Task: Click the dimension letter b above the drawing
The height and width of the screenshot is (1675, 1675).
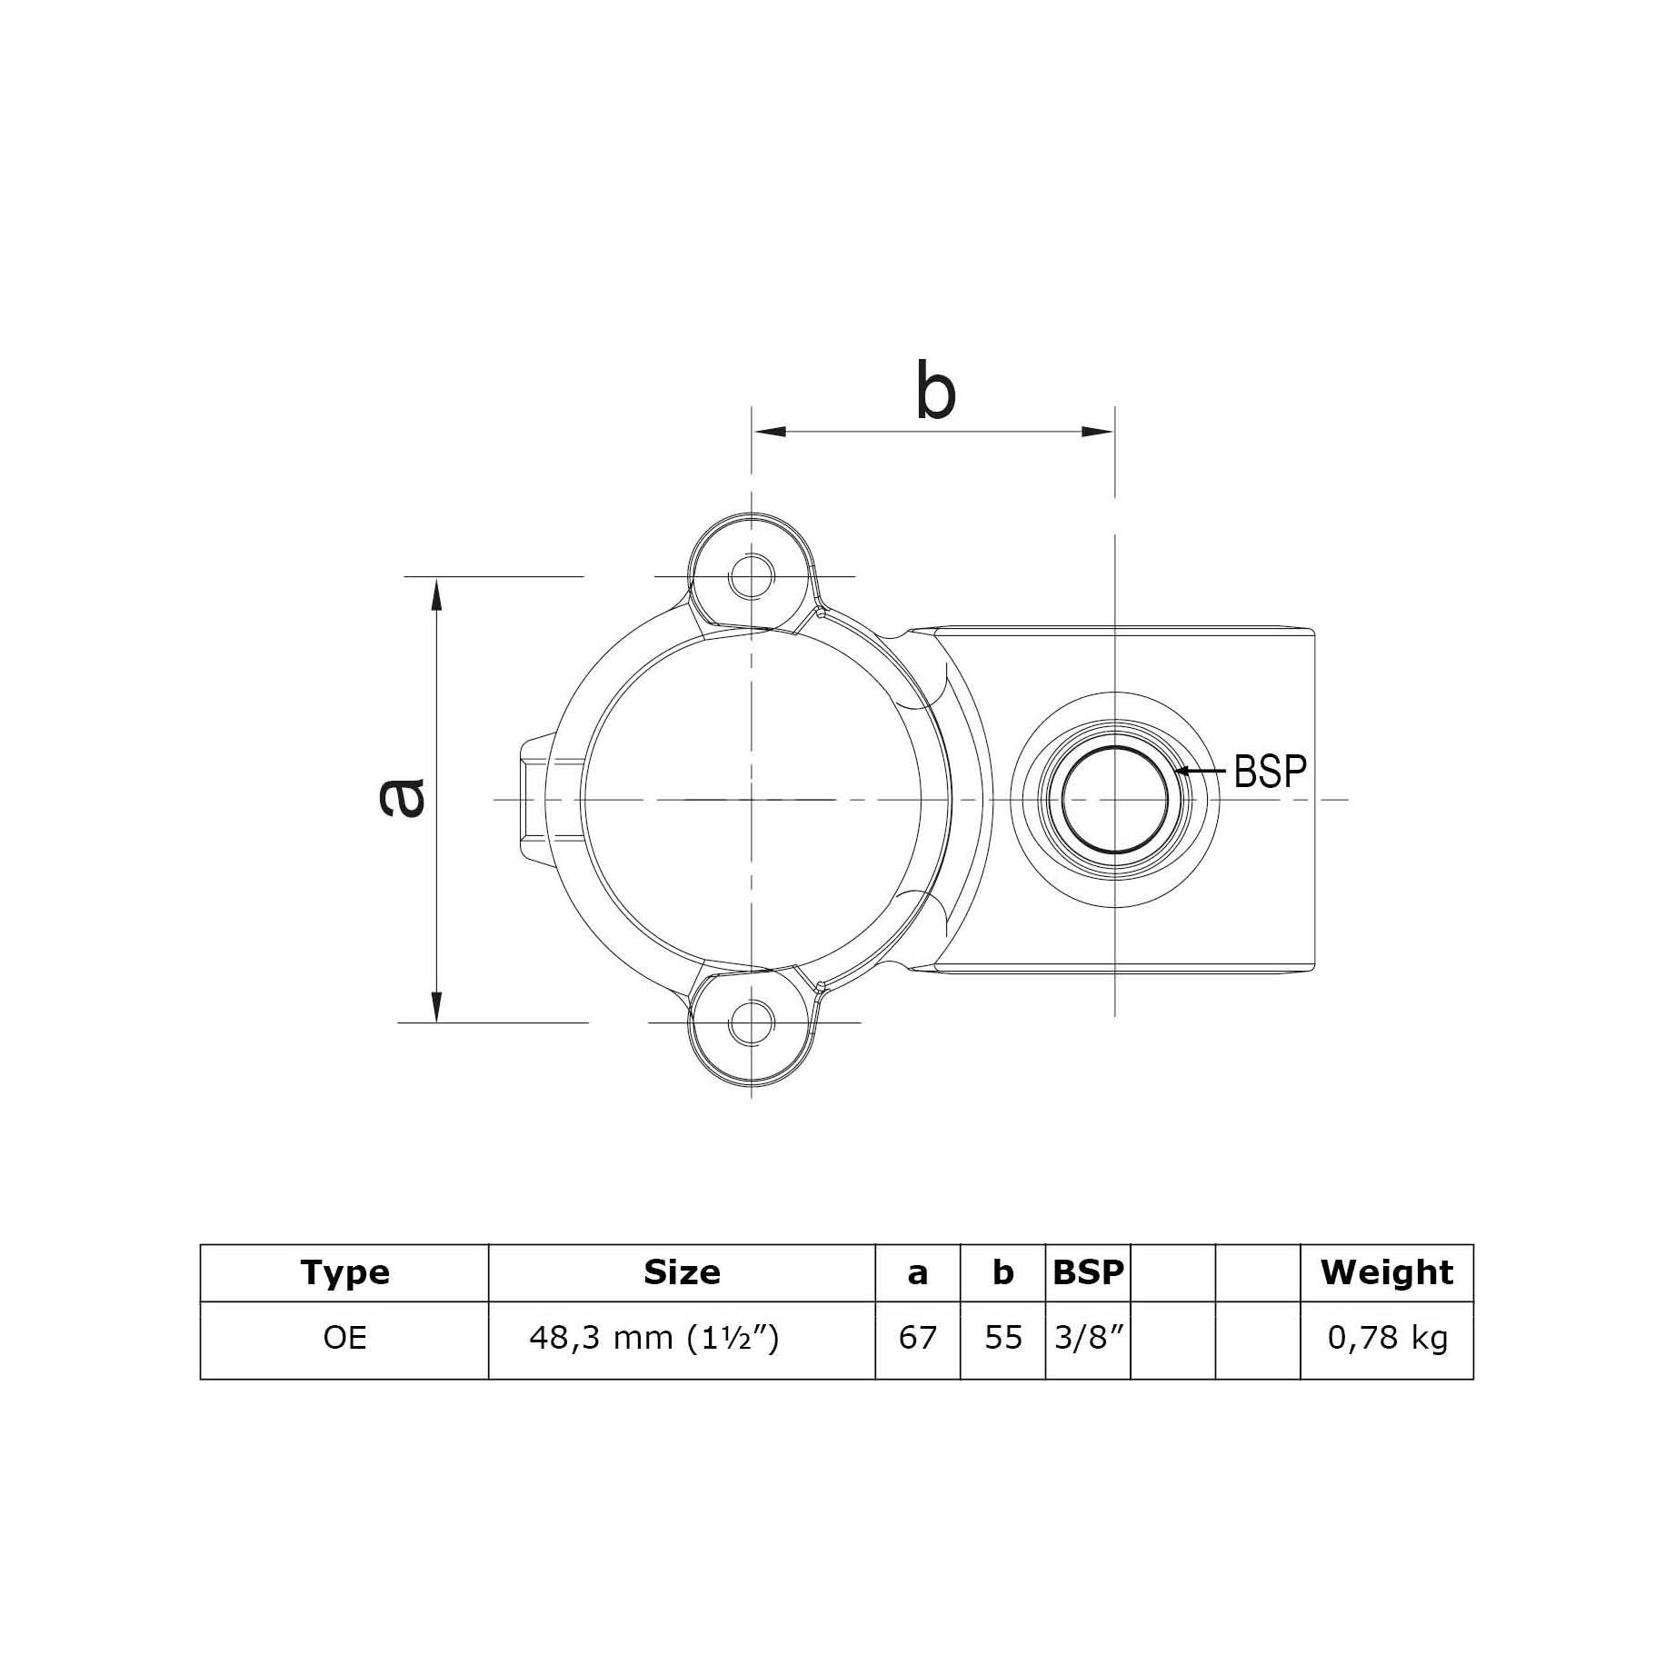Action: tap(935, 394)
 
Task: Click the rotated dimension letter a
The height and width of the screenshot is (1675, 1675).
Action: tap(402, 798)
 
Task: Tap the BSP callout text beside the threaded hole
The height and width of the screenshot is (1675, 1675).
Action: tap(1270, 772)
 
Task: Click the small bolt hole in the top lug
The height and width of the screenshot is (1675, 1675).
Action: tap(752, 576)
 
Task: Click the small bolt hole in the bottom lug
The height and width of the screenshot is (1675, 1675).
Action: tap(752, 1022)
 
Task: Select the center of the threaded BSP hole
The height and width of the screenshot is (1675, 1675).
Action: tap(1115, 800)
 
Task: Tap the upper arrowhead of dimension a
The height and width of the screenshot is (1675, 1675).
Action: tap(437, 595)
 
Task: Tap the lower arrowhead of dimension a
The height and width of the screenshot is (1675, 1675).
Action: tap(437, 1004)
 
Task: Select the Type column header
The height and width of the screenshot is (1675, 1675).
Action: tap(344, 1272)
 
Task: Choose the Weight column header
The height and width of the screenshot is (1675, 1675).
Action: tap(1386, 1272)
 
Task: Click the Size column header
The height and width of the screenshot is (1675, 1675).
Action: tap(682, 1272)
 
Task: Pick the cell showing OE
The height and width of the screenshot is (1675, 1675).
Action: tap(344, 1338)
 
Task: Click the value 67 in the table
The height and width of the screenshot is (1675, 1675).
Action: tap(917, 1338)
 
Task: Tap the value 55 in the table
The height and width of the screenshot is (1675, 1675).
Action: tap(1002, 1338)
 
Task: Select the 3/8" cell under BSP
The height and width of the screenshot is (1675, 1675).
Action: tap(1088, 1338)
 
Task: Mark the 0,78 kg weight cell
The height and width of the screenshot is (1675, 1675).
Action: tap(1386, 1338)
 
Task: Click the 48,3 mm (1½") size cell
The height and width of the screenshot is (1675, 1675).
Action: tap(653, 1338)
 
